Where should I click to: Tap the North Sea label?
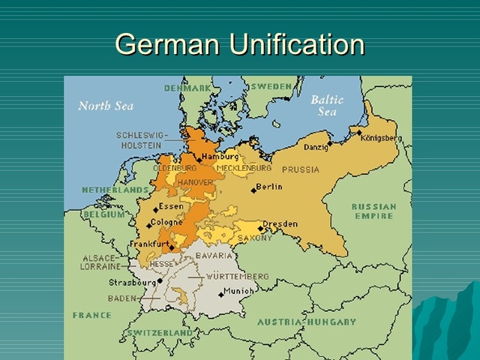pos(106,106)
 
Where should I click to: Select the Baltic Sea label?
pos(327,105)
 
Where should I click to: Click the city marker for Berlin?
pos(253,190)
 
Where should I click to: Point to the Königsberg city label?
pos(382,138)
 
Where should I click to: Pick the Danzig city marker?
pos(330,142)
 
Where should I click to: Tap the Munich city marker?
pos(221,294)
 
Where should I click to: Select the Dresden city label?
pos(280,223)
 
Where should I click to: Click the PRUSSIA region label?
pos(301,169)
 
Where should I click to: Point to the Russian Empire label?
pos(373,211)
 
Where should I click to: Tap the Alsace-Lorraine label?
pos(100,262)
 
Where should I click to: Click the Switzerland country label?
pos(160,332)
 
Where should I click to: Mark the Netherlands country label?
pos(115,190)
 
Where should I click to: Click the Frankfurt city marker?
pos(172,247)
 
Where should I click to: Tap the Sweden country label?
pos(271,87)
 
